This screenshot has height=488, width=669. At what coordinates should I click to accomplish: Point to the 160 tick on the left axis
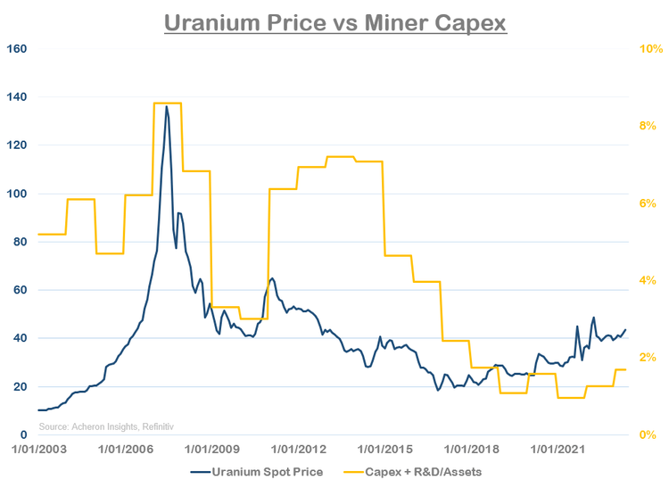[x=20, y=48]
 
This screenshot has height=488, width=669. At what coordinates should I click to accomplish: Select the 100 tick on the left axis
[x=20, y=194]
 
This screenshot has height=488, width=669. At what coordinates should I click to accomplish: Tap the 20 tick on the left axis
[x=22, y=387]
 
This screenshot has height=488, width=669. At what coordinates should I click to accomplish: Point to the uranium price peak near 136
[x=167, y=106]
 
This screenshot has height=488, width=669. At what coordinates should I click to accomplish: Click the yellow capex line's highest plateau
[x=167, y=103]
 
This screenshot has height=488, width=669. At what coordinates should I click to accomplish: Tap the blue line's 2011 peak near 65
[x=272, y=278]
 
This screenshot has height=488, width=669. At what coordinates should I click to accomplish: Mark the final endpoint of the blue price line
[x=625, y=329]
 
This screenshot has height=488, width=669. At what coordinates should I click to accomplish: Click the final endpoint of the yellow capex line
[x=625, y=369]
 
